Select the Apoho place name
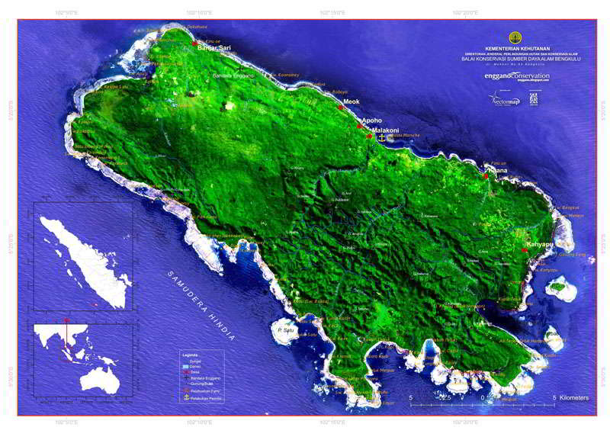click(371, 120)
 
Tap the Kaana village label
click(499, 171)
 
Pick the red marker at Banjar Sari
click(195, 43)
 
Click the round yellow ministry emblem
click(518, 37)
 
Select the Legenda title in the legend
click(190, 355)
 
